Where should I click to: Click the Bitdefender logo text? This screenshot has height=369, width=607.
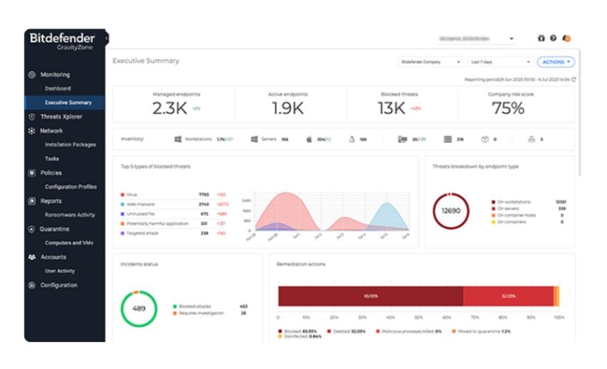point(62,37)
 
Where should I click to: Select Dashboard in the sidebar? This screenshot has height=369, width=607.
point(58,88)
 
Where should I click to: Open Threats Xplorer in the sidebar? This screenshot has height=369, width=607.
point(61,117)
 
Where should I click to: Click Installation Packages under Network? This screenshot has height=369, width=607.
point(70,144)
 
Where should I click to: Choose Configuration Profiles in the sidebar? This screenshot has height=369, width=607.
point(70,186)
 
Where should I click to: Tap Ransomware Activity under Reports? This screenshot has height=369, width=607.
point(70,215)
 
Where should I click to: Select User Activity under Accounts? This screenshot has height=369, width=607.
point(60,271)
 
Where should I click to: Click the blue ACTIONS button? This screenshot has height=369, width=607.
point(555,62)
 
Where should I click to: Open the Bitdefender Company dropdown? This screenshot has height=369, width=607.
point(430,62)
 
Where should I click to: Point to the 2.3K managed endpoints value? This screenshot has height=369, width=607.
point(169,109)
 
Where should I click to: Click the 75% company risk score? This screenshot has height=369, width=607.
point(507,109)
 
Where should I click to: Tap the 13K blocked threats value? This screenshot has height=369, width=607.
point(391,109)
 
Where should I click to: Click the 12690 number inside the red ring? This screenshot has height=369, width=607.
point(451,211)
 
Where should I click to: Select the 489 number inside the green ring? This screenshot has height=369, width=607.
point(139,309)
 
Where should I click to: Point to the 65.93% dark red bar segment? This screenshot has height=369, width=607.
point(370,296)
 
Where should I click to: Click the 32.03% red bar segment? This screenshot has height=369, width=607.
point(508,296)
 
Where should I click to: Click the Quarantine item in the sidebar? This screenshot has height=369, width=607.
point(54,229)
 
